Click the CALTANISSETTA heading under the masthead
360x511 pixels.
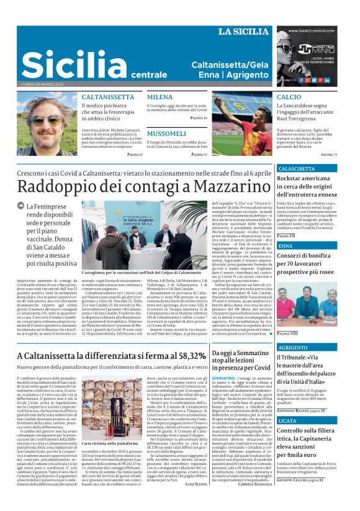(108, 97)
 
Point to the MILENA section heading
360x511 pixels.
(160, 97)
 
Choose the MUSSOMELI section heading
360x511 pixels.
(168, 133)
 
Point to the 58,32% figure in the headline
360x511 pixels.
(182, 356)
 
